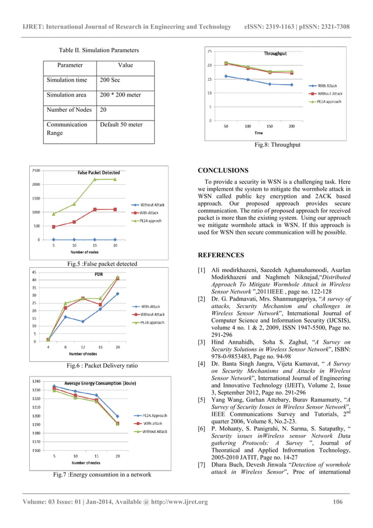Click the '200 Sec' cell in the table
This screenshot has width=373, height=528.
[x=110, y=80]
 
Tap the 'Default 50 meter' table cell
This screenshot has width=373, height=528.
[x=122, y=124]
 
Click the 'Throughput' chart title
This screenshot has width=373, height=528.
[x=275, y=53]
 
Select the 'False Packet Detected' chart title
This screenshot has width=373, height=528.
[x=99, y=172]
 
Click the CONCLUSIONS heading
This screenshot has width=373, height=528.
[x=223, y=170]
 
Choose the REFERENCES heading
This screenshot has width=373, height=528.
[x=220, y=256]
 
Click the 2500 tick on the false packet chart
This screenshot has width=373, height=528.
[x=36, y=171]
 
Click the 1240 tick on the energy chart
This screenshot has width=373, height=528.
[x=36, y=381]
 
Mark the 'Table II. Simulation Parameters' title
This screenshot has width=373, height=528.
[x=99, y=50]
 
